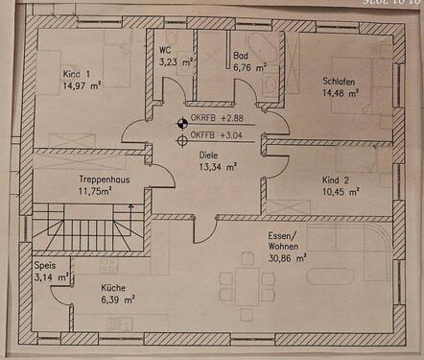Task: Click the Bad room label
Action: [241, 56]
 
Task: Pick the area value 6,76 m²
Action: [247, 68]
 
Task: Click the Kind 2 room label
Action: [337, 180]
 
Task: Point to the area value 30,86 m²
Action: [287, 258]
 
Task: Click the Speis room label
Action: [45, 267]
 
